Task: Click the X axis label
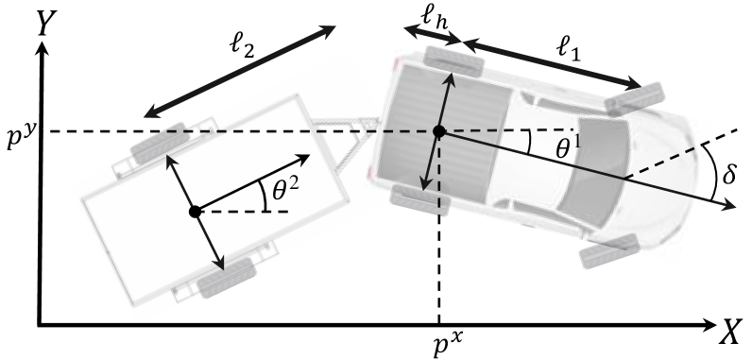730,330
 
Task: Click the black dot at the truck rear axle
439,131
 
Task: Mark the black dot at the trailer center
194,212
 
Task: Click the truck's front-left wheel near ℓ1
631,95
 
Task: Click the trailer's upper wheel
157,141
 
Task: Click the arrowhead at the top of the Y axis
39,56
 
